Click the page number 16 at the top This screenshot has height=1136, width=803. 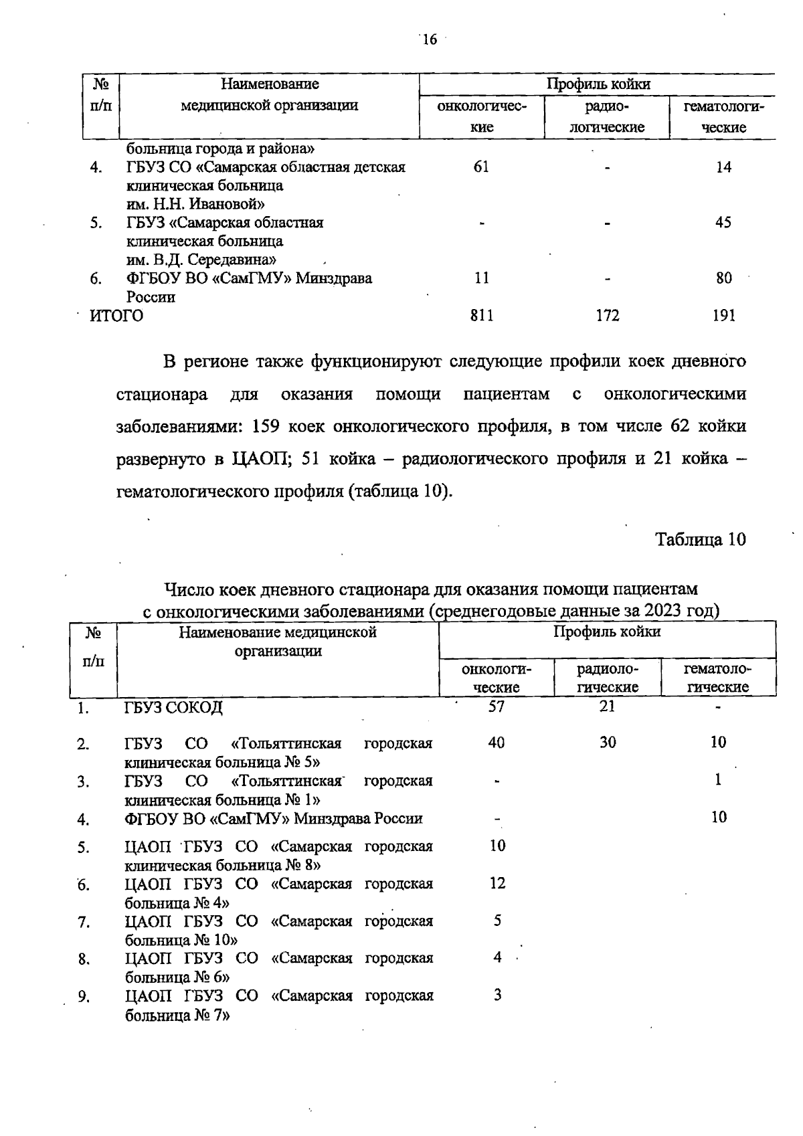click(429, 40)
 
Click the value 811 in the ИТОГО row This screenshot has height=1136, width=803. click(482, 316)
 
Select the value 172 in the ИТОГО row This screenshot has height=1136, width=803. click(608, 316)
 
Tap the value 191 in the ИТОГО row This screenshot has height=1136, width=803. click(723, 316)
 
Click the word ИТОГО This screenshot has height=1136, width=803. click(116, 316)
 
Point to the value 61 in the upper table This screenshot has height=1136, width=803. click(481, 167)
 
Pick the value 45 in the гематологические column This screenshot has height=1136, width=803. click(723, 223)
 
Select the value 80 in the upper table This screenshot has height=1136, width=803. click(723, 278)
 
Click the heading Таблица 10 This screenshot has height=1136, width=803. click(700, 539)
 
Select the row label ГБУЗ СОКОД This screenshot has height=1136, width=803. click(174, 707)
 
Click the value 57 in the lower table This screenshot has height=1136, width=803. click(497, 706)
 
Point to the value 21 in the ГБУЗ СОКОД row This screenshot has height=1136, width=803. click(607, 706)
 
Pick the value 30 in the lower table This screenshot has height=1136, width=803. click(608, 742)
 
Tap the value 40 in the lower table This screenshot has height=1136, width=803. click(497, 742)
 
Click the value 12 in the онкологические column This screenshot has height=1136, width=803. click(497, 883)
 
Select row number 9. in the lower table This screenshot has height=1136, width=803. click(84, 997)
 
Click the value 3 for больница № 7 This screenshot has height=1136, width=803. click(498, 995)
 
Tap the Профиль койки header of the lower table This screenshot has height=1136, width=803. click(607, 632)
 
